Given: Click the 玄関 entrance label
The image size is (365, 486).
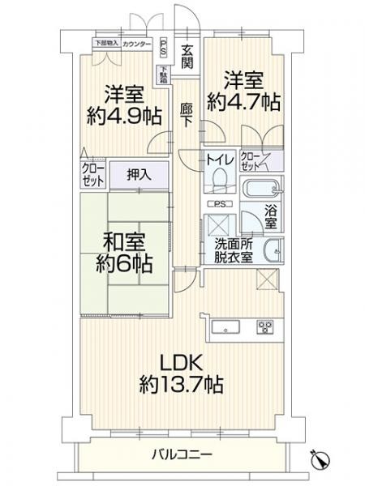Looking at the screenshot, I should coord(187,56).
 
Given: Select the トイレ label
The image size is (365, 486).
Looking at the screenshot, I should coord(221,160).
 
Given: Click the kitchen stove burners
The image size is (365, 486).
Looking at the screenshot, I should coord(265,327).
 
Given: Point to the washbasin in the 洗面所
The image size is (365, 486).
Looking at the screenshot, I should coord(277,252).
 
